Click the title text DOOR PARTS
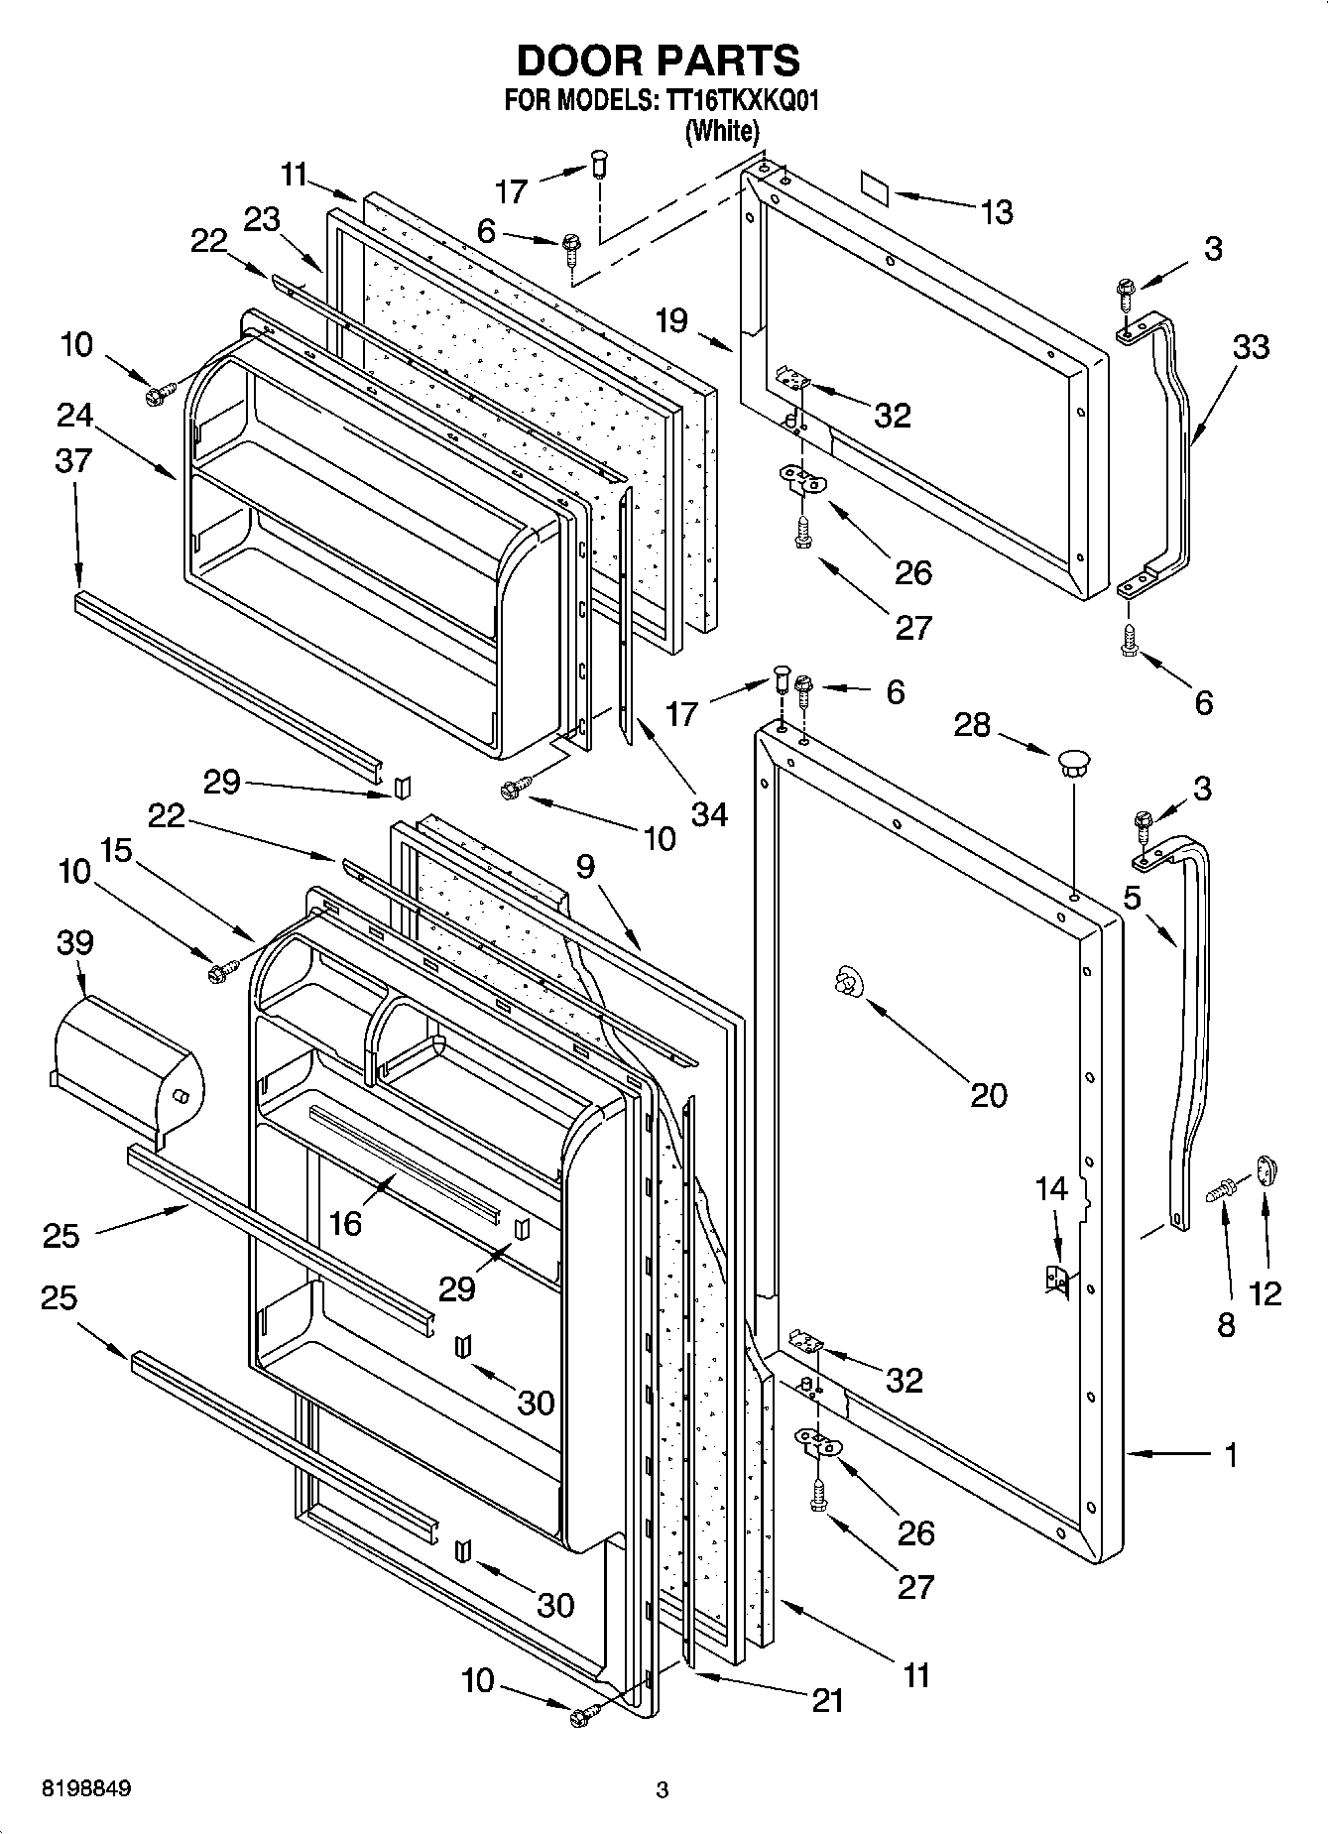click(x=658, y=61)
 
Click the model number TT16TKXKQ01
click(x=736, y=102)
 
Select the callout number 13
click(x=997, y=211)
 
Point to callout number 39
click(x=75, y=942)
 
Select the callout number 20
click(x=988, y=1095)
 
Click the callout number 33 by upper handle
click(x=1251, y=347)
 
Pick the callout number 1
click(x=1231, y=1456)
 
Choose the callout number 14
click(x=1052, y=1188)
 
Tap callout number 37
click(x=74, y=461)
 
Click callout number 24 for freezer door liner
click(x=74, y=415)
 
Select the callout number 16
click(x=345, y=1224)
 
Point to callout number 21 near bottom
click(x=827, y=1700)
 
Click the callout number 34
click(x=709, y=815)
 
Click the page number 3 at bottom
click(x=663, y=1790)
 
